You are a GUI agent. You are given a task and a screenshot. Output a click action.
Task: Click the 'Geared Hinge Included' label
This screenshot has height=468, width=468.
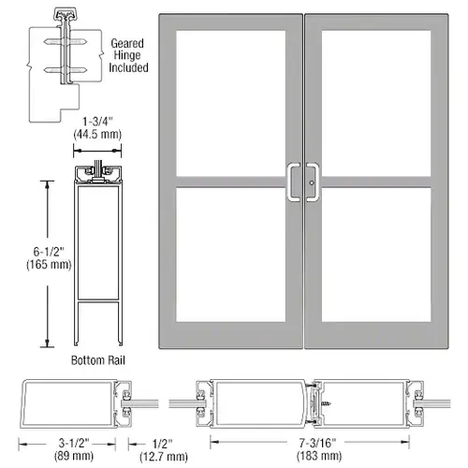[126, 54]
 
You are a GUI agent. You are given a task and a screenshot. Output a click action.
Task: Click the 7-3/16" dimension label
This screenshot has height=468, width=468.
[308, 444]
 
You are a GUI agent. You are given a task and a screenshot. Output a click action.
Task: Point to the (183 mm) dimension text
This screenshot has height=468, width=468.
[308, 457]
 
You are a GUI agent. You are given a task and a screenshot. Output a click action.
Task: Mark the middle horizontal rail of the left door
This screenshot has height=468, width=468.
[230, 181]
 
